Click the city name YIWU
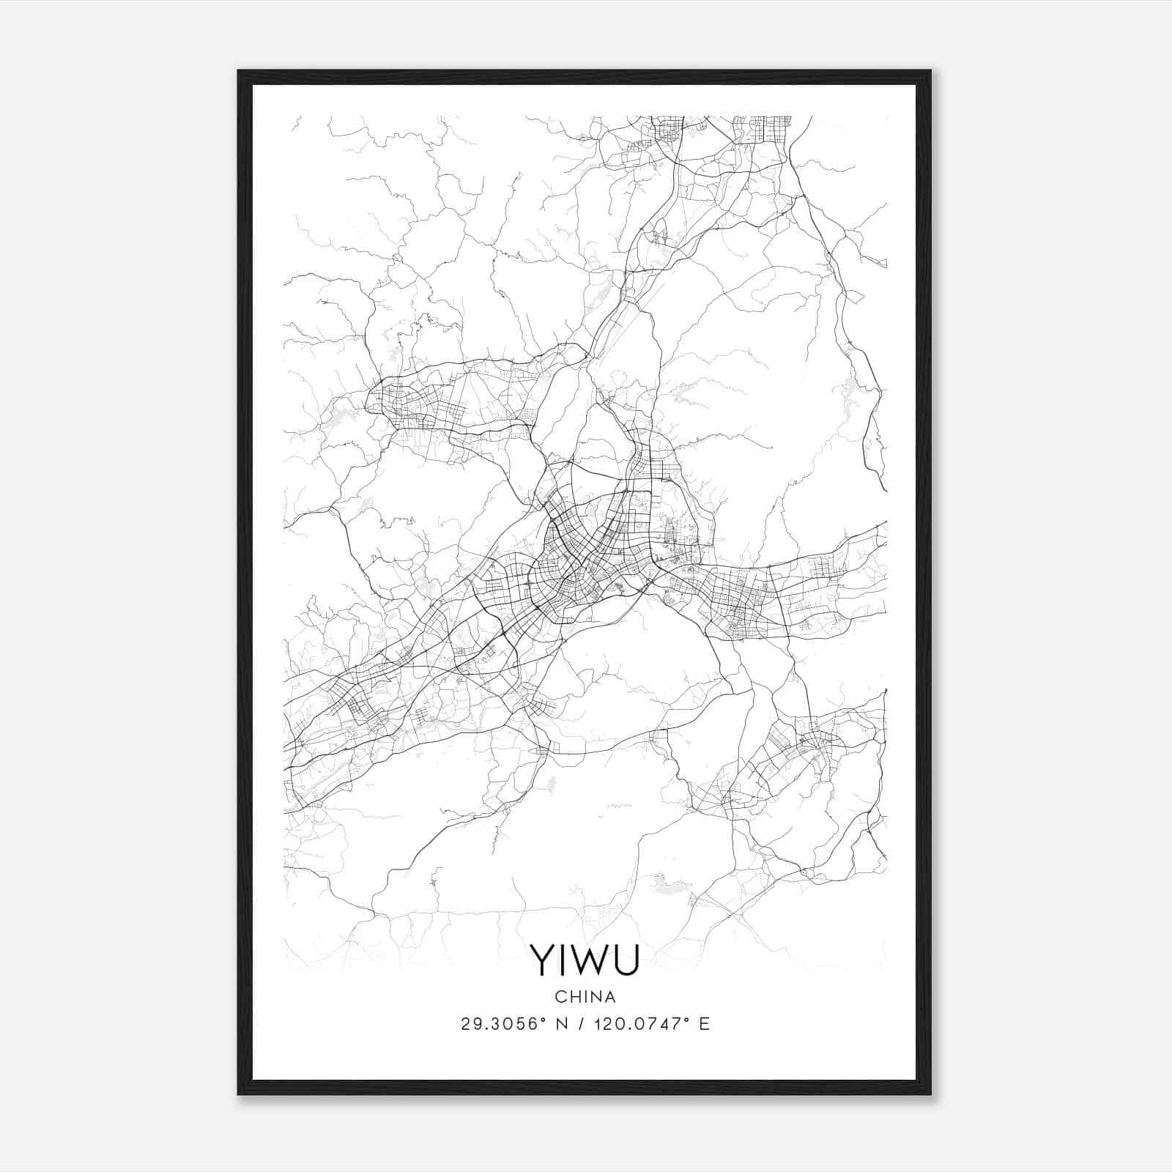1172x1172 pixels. coord(585,960)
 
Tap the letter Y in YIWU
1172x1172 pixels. coord(544,960)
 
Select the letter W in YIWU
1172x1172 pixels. coord(588,960)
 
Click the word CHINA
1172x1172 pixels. coord(585,997)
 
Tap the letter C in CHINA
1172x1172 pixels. coord(560,997)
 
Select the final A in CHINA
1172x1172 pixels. coord(609,997)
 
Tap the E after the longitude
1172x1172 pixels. coord(704,1024)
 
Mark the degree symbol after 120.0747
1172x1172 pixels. coord(689,1020)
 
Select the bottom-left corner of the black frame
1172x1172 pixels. coord(239,1093)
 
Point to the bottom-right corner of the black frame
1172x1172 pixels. coord(930,1093)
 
